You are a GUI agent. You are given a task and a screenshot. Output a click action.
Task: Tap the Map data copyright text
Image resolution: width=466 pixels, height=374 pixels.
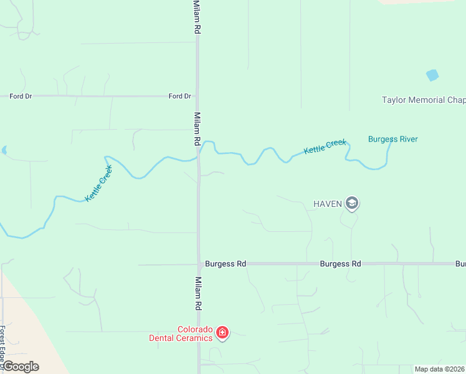[x=439, y=369]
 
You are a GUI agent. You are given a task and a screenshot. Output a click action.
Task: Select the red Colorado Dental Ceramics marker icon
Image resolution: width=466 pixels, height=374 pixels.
[x=222, y=333]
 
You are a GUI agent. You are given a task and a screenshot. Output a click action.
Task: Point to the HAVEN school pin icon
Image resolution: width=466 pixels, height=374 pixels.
[x=352, y=203]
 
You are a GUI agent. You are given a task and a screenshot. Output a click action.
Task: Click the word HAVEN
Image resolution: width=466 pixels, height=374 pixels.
[x=328, y=204]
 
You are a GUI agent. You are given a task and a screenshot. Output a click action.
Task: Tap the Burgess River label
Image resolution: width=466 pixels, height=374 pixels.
[x=392, y=139]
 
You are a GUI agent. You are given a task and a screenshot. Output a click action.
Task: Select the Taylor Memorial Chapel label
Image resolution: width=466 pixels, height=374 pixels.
[x=423, y=100]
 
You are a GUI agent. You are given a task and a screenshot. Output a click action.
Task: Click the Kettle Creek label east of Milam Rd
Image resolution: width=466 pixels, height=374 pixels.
[x=325, y=147]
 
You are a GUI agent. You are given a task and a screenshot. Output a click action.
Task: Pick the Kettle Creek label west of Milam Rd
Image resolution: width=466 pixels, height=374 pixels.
[x=99, y=183]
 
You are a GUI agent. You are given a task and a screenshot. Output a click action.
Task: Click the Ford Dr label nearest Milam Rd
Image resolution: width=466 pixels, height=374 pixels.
[x=180, y=96]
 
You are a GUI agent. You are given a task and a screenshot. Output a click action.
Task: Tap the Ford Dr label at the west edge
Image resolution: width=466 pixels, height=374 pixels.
[x=21, y=96]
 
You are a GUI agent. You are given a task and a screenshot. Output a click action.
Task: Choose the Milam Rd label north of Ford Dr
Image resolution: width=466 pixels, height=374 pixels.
[x=197, y=17]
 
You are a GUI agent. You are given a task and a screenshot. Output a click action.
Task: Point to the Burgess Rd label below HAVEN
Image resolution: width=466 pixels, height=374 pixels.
[x=340, y=264]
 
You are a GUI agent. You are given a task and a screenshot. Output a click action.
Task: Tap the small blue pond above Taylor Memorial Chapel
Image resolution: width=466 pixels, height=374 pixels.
[x=432, y=75]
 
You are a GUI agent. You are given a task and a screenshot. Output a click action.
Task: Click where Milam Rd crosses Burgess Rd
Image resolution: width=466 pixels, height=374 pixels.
[x=199, y=264]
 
